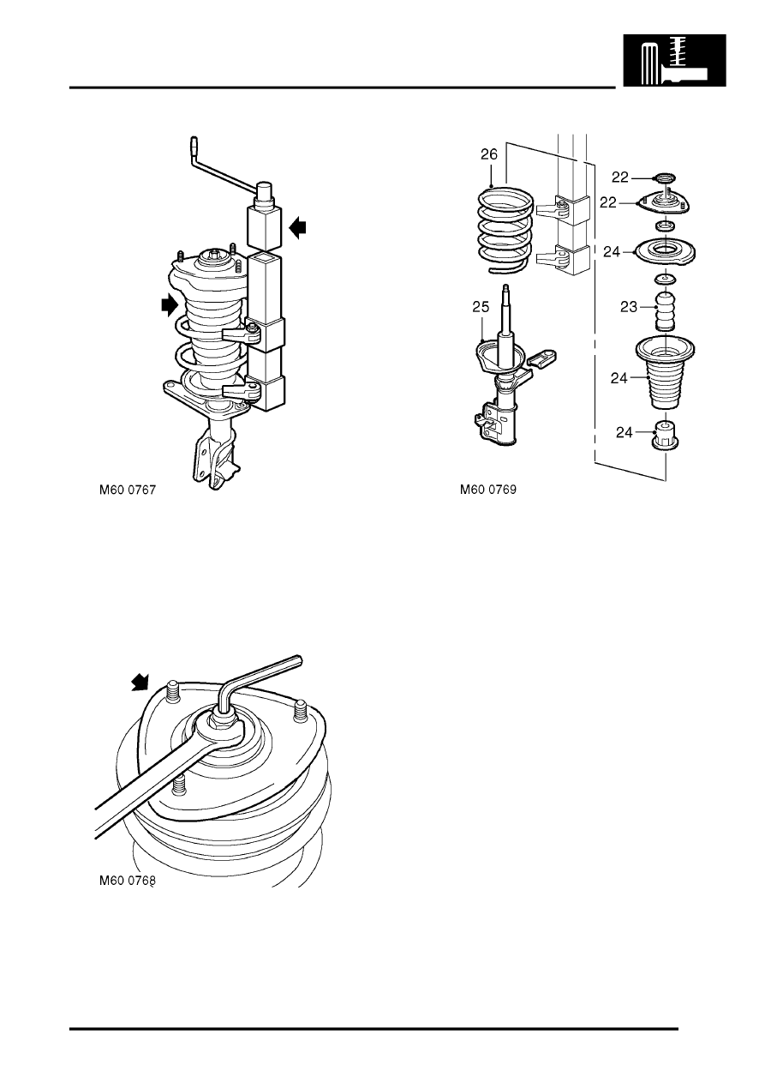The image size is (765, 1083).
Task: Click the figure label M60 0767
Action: [x=128, y=490]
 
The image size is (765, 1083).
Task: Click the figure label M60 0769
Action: [x=487, y=490]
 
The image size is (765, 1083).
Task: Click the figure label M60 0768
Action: [x=128, y=881]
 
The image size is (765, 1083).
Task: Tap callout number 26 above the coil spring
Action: [x=489, y=154]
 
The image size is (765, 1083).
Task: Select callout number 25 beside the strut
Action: [x=481, y=307]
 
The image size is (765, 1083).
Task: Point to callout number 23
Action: [x=628, y=307]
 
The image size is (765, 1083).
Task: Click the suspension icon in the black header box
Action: [x=674, y=60]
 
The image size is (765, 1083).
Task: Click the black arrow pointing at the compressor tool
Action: [x=299, y=227]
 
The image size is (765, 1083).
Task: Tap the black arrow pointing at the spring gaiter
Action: [x=170, y=304]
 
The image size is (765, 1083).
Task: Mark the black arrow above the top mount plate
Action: [x=140, y=683]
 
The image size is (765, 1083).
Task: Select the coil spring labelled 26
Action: [x=505, y=231]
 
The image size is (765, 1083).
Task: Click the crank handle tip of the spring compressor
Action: [x=194, y=143]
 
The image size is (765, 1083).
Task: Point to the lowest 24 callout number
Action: [x=624, y=432]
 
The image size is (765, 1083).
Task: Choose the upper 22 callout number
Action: [x=620, y=177]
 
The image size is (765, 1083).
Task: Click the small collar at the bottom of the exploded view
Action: [x=666, y=436]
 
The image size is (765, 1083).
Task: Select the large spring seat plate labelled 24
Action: [x=665, y=252]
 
